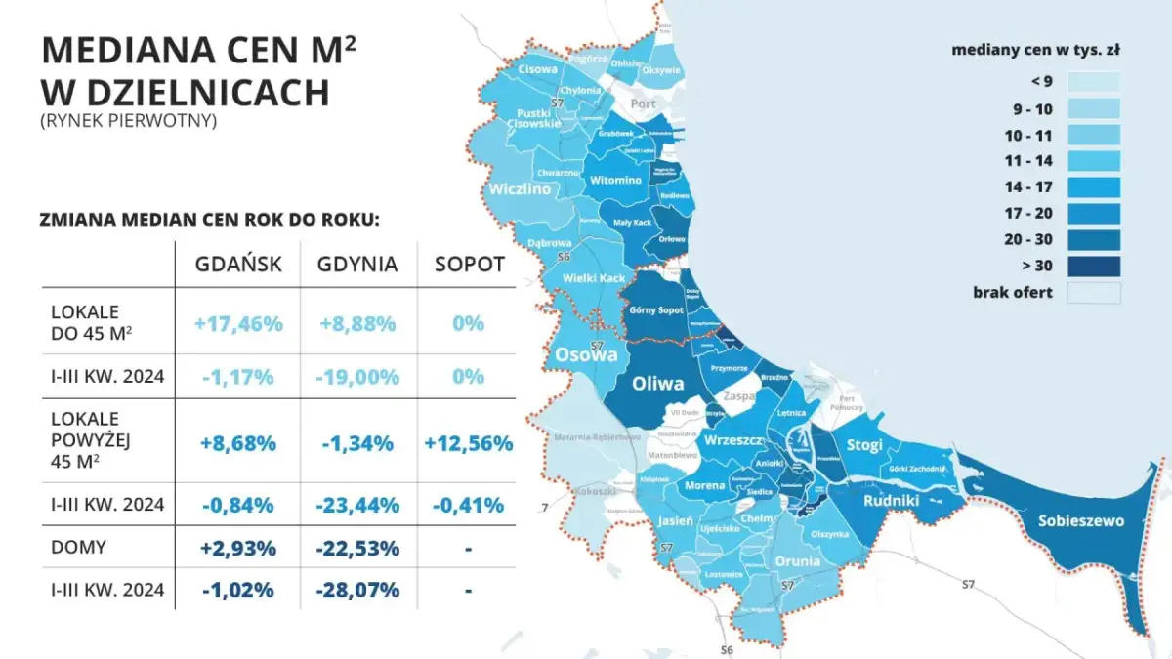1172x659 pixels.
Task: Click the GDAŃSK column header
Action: (239, 265)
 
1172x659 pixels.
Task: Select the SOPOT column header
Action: (469, 265)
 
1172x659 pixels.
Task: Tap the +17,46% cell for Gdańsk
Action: (239, 323)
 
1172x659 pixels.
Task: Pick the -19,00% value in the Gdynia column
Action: (357, 377)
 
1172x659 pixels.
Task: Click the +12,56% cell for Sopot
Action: (469, 443)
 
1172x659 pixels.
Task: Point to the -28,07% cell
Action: (357, 590)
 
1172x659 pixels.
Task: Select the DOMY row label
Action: (78, 548)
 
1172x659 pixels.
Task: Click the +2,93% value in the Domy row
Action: (239, 548)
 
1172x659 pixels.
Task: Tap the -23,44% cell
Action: (357, 505)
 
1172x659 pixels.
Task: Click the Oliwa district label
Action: (658, 384)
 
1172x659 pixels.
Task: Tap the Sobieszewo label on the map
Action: (1080, 520)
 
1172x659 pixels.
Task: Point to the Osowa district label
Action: (586, 355)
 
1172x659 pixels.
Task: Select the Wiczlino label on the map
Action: (524, 188)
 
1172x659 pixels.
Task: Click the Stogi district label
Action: (864, 445)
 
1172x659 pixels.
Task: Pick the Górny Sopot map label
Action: (656, 310)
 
